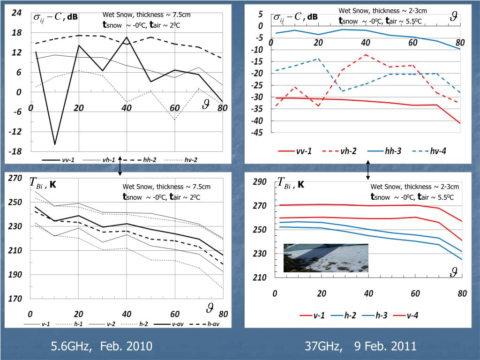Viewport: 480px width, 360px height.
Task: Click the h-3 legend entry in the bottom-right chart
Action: click(x=382, y=315)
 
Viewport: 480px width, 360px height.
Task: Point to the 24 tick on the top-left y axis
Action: click(x=16, y=13)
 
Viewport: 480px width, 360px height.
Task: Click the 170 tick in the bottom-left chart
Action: click(x=15, y=299)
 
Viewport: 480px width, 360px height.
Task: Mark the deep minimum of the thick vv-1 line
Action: click(x=54, y=144)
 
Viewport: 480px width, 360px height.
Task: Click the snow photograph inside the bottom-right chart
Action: click(x=326, y=258)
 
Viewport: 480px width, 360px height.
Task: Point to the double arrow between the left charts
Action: click(x=120, y=166)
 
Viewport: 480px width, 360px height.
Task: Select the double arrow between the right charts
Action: click(x=368, y=170)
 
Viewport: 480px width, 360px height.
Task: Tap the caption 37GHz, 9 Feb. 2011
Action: click(x=360, y=346)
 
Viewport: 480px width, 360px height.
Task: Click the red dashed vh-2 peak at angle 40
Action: click(x=366, y=54)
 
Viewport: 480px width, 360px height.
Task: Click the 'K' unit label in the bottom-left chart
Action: click(x=53, y=184)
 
